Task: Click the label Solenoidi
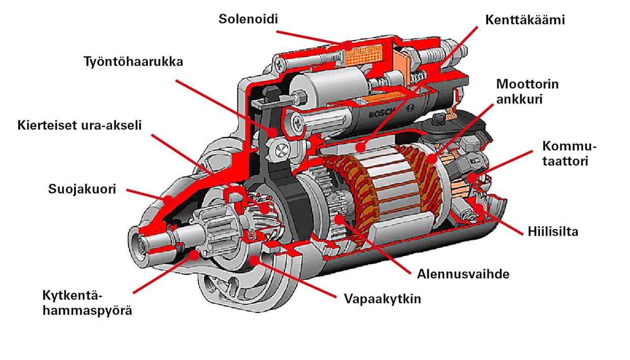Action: coord(248,19)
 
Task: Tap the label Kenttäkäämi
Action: coord(525,20)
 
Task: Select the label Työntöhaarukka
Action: coord(134,62)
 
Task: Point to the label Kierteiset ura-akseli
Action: coord(79,125)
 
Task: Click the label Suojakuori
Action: coord(82,189)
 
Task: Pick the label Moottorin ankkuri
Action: coord(527,91)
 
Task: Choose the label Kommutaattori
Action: coord(569,154)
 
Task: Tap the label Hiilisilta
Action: coord(553,232)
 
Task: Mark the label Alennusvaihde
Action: coord(463,274)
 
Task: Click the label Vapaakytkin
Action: coord(383,299)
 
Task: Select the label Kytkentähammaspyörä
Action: coord(87,303)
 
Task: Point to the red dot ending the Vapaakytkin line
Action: coord(254,260)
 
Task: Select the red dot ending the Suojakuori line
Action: coord(168,201)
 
